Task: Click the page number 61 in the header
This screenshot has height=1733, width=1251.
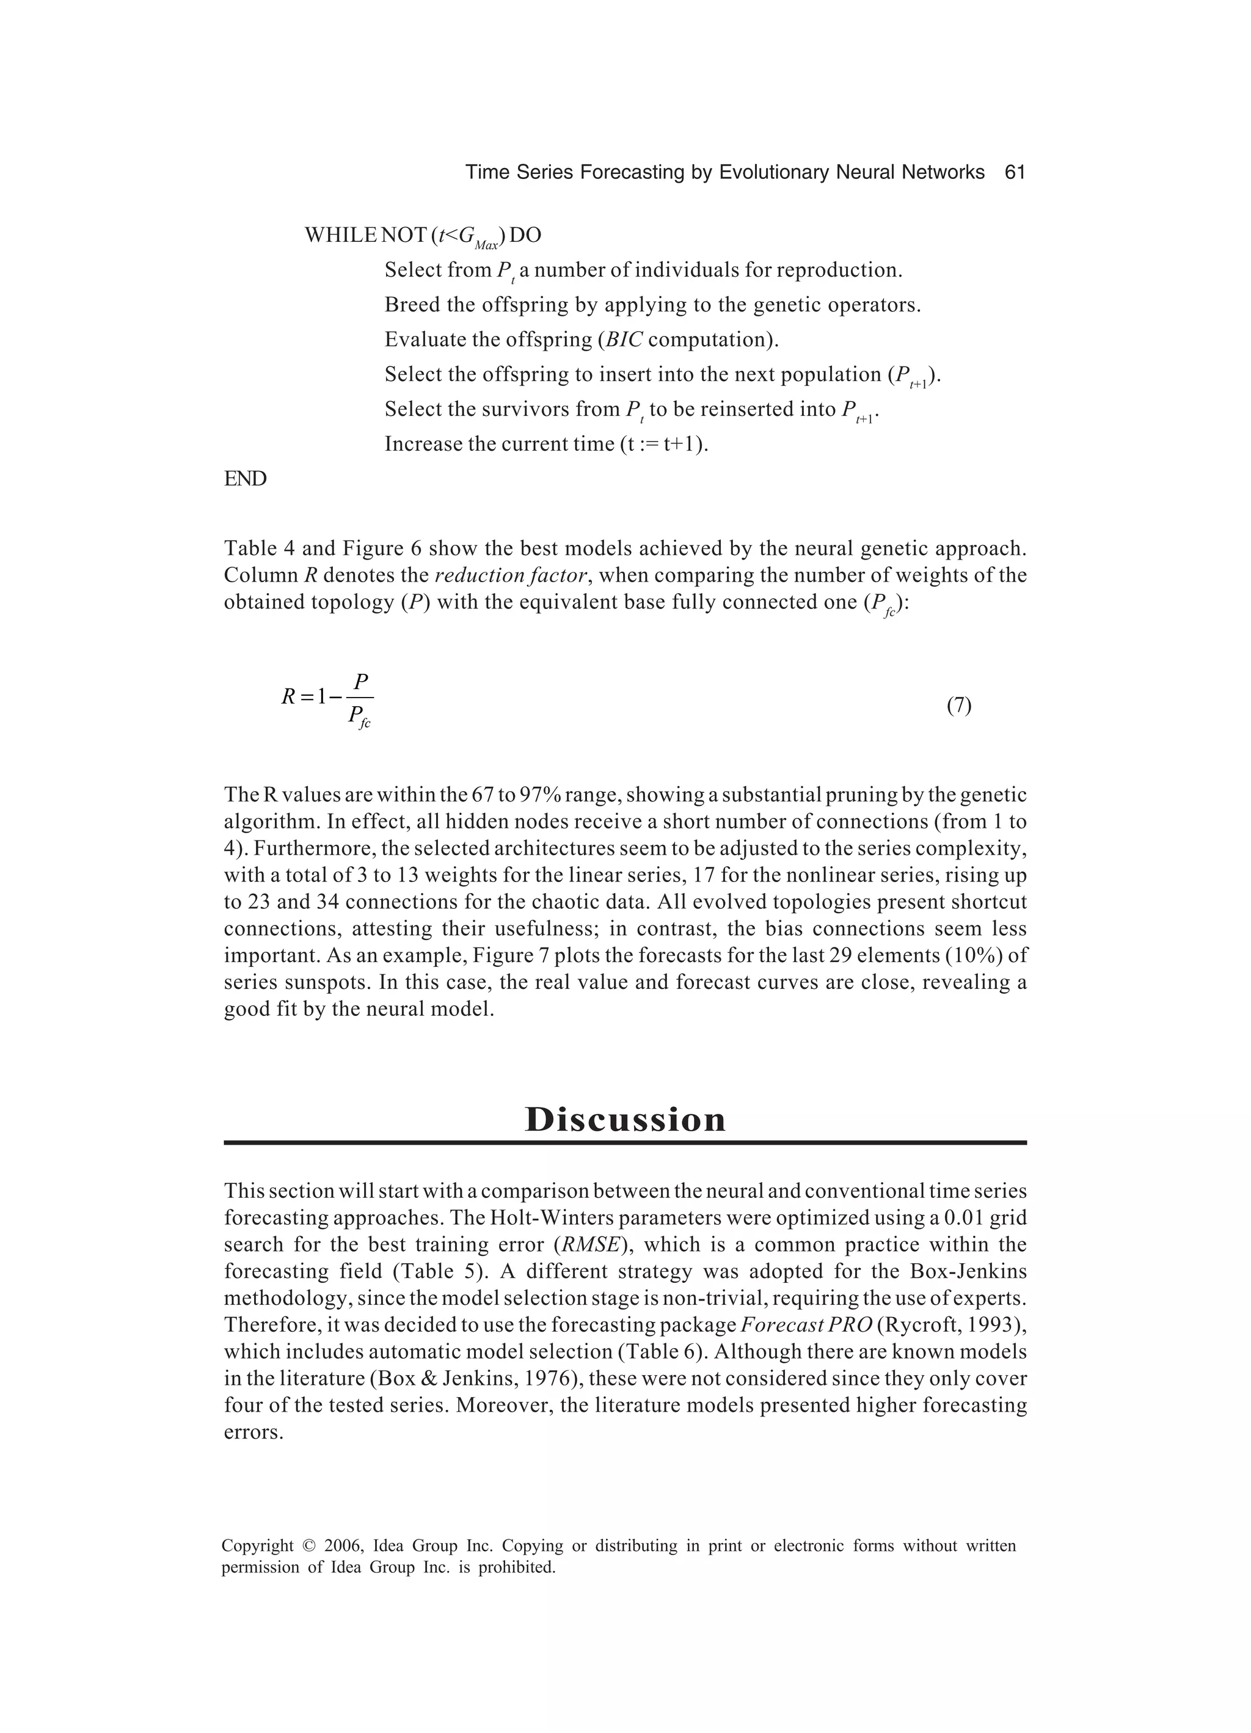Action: coord(1014,173)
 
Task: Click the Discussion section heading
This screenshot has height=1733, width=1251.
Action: coord(625,1120)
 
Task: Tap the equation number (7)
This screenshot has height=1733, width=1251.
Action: coord(958,706)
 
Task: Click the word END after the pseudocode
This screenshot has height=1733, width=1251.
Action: coord(246,479)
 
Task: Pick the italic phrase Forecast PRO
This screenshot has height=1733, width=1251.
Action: coord(806,1325)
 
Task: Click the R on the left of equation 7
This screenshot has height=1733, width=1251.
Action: coord(288,697)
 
